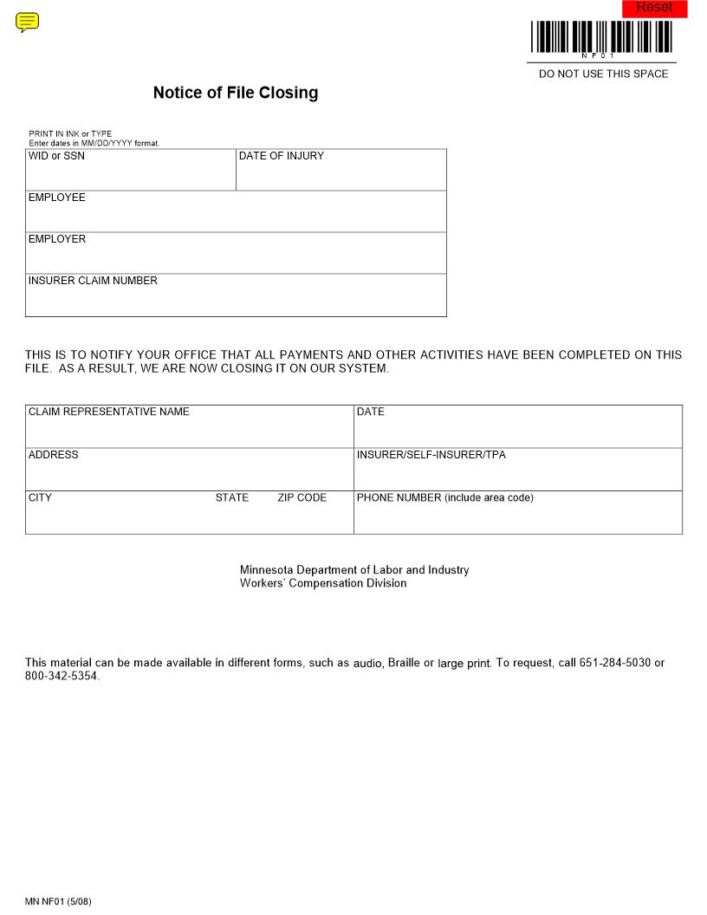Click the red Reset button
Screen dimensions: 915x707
click(x=654, y=9)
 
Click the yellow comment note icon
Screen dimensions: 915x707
click(x=28, y=23)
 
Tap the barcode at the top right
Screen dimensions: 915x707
click(x=602, y=37)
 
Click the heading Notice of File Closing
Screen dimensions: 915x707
click(x=236, y=93)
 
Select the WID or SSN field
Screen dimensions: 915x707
click(x=130, y=173)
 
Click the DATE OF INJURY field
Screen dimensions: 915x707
click(x=341, y=173)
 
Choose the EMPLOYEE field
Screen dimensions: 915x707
click(x=236, y=215)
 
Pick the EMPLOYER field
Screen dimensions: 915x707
click(x=236, y=256)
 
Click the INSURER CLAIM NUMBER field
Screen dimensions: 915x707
click(x=236, y=299)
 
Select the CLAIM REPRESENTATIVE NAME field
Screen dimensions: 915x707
click(x=189, y=430)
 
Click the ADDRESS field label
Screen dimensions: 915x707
click(x=54, y=455)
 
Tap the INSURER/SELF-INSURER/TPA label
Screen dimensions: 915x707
click(x=431, y=455)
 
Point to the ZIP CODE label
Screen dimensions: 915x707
click(x=302, y=498)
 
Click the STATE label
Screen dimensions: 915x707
click(x=232, y=498)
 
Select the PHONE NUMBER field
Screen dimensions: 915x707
click(x=517, y=516)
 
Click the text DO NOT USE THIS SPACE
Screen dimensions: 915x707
click(x=604, y=75)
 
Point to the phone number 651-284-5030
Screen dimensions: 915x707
click(x=615, y=663)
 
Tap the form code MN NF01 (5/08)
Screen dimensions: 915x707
click(x=58, y=902)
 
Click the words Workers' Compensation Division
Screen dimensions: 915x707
click(x=323, y=583)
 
